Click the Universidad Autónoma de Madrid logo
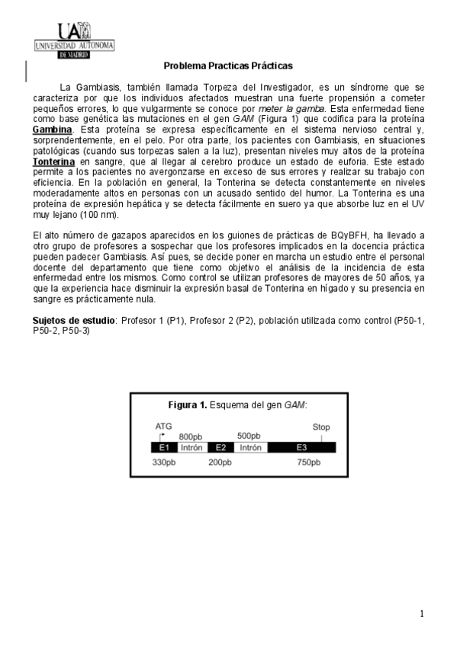74,40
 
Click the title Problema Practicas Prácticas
228,66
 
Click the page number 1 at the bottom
422,613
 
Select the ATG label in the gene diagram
163,426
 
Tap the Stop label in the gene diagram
321,427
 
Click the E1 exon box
164,447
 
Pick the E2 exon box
220,447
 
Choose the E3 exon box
301,447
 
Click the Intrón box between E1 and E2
191,447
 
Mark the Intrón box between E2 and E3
251,447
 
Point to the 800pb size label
191,436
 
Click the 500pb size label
249,435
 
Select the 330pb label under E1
163,462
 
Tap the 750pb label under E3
308,462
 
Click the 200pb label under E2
220,462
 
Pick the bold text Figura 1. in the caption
187,404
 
